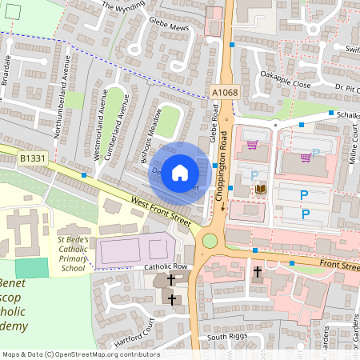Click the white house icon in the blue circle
tap(180, 173)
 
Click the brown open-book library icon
tap(260, 189)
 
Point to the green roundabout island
tap(211, 240)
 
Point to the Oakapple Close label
tap(285, 83)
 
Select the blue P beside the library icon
tap(254, 175)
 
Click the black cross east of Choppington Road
tap(258, 272)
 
